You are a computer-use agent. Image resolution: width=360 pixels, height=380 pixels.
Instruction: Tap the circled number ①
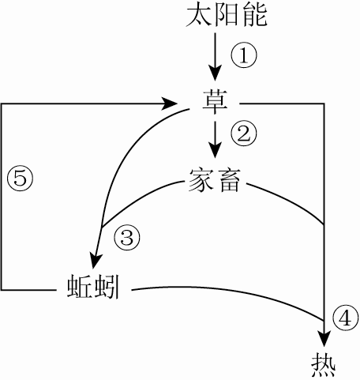(x=244, y=55)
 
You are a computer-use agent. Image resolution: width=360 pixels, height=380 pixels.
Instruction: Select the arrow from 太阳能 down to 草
(x=213, y=56)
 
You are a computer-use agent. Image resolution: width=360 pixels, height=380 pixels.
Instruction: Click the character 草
(x=215, y=103)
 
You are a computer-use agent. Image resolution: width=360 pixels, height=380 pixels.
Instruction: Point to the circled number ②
(x=244, y=133)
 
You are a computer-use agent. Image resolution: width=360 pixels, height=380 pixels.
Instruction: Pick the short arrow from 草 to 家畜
(x=213, y=137)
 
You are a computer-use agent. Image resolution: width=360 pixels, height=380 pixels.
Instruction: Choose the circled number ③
(x=127, y=235)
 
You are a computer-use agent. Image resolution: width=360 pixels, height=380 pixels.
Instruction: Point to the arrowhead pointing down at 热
(x=324, y=333)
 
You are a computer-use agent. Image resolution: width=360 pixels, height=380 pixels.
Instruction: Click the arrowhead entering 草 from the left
(x=168, y=103)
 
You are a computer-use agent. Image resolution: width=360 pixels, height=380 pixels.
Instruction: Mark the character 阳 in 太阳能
(x=214, y=16)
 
